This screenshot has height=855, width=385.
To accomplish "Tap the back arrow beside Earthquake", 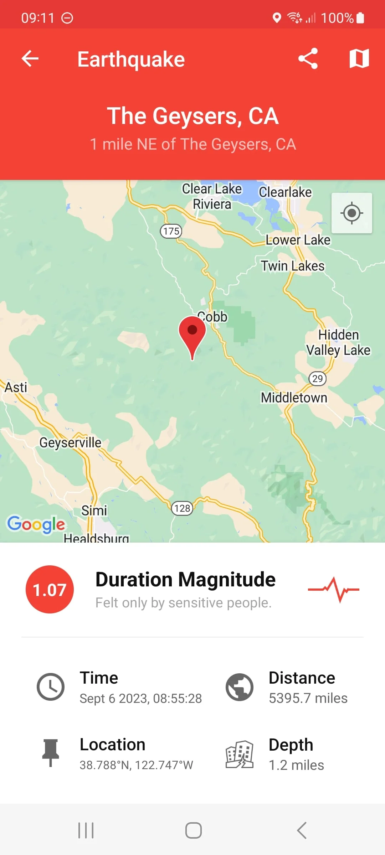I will pyautogui.click(x=30, y=58).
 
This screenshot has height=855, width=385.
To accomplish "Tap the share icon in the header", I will pyautogui.click(x=308, y=58).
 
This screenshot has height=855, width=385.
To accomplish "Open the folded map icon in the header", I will pyautogui.click(x=359, y=58).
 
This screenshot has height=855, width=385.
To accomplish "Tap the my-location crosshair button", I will pyautogui.click(x=352, y=213).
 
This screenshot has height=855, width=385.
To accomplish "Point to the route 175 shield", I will pyautogui.click(x=171, y=231).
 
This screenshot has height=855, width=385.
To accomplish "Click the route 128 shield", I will pyautogui.click(x=182, y=508).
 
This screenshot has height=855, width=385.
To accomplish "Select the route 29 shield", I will pyautogui.click(x=317, y=378).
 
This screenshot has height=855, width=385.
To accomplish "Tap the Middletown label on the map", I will pyautogui.click(x=294, y=398).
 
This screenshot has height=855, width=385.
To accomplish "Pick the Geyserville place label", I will pyautogui.click(x=70, y=442).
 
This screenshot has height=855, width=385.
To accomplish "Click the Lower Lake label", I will pyautogui.click(x=298, y=240).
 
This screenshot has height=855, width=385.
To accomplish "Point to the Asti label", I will pyautogui.click(x=16, y=387).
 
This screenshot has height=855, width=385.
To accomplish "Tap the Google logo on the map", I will pyautogui.click(x=36, y=524).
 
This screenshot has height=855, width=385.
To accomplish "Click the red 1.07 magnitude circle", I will pyautogui.click(x=50, y=590).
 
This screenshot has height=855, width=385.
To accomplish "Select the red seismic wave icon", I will pyautogui.click(x=333, y=590).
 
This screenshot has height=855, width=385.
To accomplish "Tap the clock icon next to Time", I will pyautogui.click(x=51, y=687).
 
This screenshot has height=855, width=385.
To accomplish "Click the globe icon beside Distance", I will pyautogui.click(x=240, y=687).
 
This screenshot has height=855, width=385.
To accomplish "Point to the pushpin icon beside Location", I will pyautogui.click(x=51, y=752).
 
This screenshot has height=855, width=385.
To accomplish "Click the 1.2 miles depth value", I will pyautogui.click(x=296, y=765).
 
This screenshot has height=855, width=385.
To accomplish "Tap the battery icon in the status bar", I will pyautogui.click(x=360, y=18).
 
